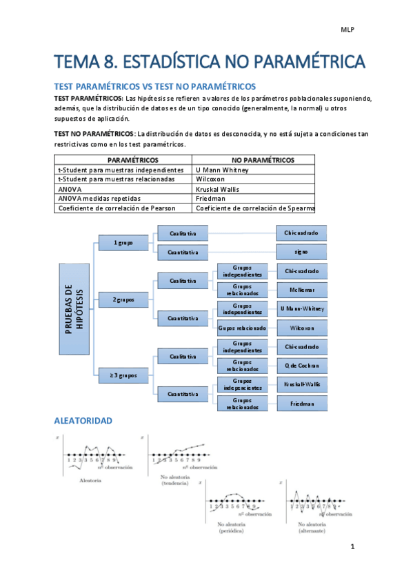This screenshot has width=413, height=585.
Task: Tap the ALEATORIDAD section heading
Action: [x=83, y=420]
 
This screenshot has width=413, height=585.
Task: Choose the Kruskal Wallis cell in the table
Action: [x=220, y=188]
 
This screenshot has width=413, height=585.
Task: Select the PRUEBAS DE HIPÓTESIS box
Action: [x=73, y=310]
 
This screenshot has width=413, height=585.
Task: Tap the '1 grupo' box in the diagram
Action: [x=124, y=243]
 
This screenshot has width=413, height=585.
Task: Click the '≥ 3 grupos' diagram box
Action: [x=124, y=375]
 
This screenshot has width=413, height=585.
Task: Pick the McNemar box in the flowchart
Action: [x=301, y=290]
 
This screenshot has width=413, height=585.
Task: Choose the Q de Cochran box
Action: [x=301, y=365]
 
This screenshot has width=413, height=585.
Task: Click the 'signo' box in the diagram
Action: [x=301, y=252]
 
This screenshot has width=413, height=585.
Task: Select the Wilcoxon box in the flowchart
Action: [x=301, y=328]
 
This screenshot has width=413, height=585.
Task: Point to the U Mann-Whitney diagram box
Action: [x=301, y=308]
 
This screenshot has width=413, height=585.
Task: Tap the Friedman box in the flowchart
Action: [x=301, y=403]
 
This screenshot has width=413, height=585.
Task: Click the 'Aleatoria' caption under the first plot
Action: [x=90, y=479]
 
